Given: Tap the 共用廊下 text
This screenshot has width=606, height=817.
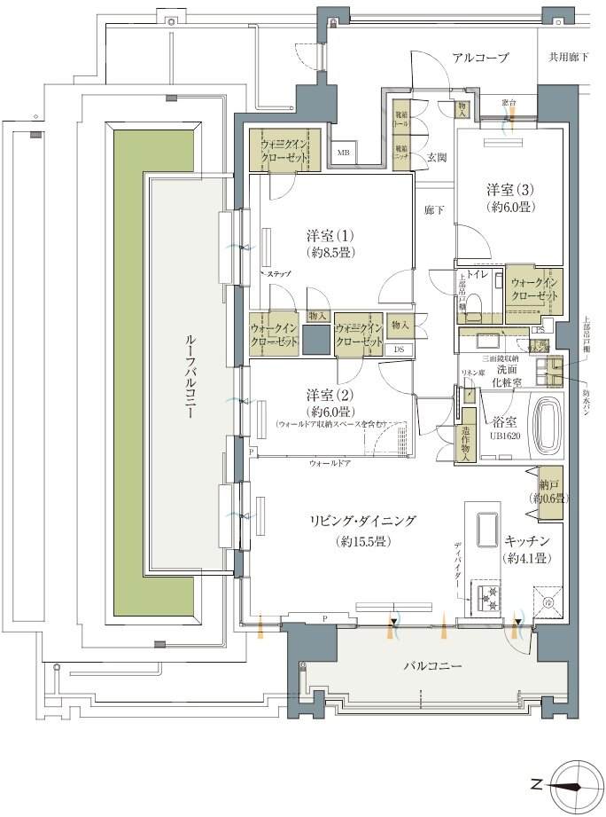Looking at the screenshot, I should [569, 59].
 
